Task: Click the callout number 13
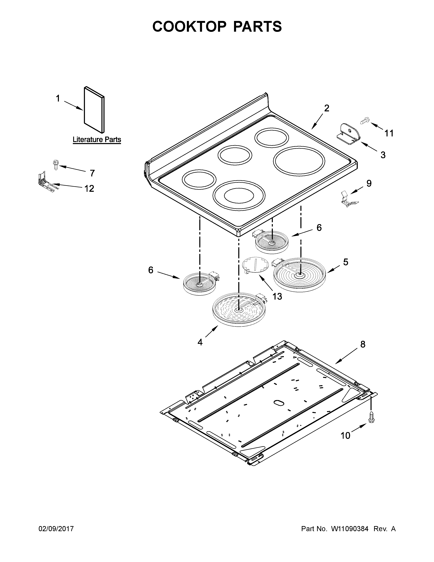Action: pyautogui.click(x=277, y=296)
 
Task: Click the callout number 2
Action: pyautogui.click(x=327, y=108)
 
